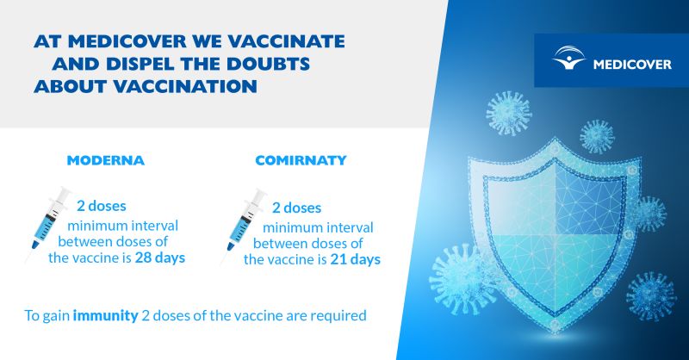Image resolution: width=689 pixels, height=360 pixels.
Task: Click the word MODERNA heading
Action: [x=105, y=160]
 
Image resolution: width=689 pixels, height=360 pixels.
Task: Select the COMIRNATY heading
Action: [x=301, y=160]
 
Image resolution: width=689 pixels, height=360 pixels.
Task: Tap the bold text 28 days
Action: [x=160, y=258]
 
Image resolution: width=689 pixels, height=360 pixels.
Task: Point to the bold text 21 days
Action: [x=355, y=259]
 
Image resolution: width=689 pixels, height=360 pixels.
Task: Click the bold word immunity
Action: [x=105, y=315]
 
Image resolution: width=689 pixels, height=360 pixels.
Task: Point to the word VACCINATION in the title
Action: [x=185, y=87]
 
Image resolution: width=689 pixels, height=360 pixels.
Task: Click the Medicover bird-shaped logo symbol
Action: [x=568, y=58]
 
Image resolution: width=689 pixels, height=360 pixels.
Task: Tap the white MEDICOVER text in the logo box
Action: [x=632, y=65]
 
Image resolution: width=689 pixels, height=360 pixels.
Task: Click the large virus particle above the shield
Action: [x=509, y=113]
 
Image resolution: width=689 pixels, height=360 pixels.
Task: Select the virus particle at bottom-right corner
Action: [x=651, y=295]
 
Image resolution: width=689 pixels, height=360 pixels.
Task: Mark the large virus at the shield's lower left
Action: [x=462, y=280]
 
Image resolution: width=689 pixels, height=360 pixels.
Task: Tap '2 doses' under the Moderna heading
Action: [x=102, y=206]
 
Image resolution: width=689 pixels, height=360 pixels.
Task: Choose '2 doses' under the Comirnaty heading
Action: [x=296, y=208]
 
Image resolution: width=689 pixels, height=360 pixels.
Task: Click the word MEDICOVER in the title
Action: [x=127, y=41]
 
